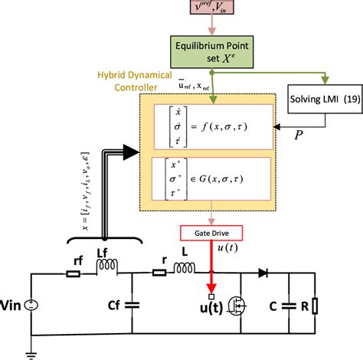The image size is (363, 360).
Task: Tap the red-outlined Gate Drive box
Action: tap(209, 232)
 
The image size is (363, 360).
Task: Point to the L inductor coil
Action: tap(184, 267)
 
